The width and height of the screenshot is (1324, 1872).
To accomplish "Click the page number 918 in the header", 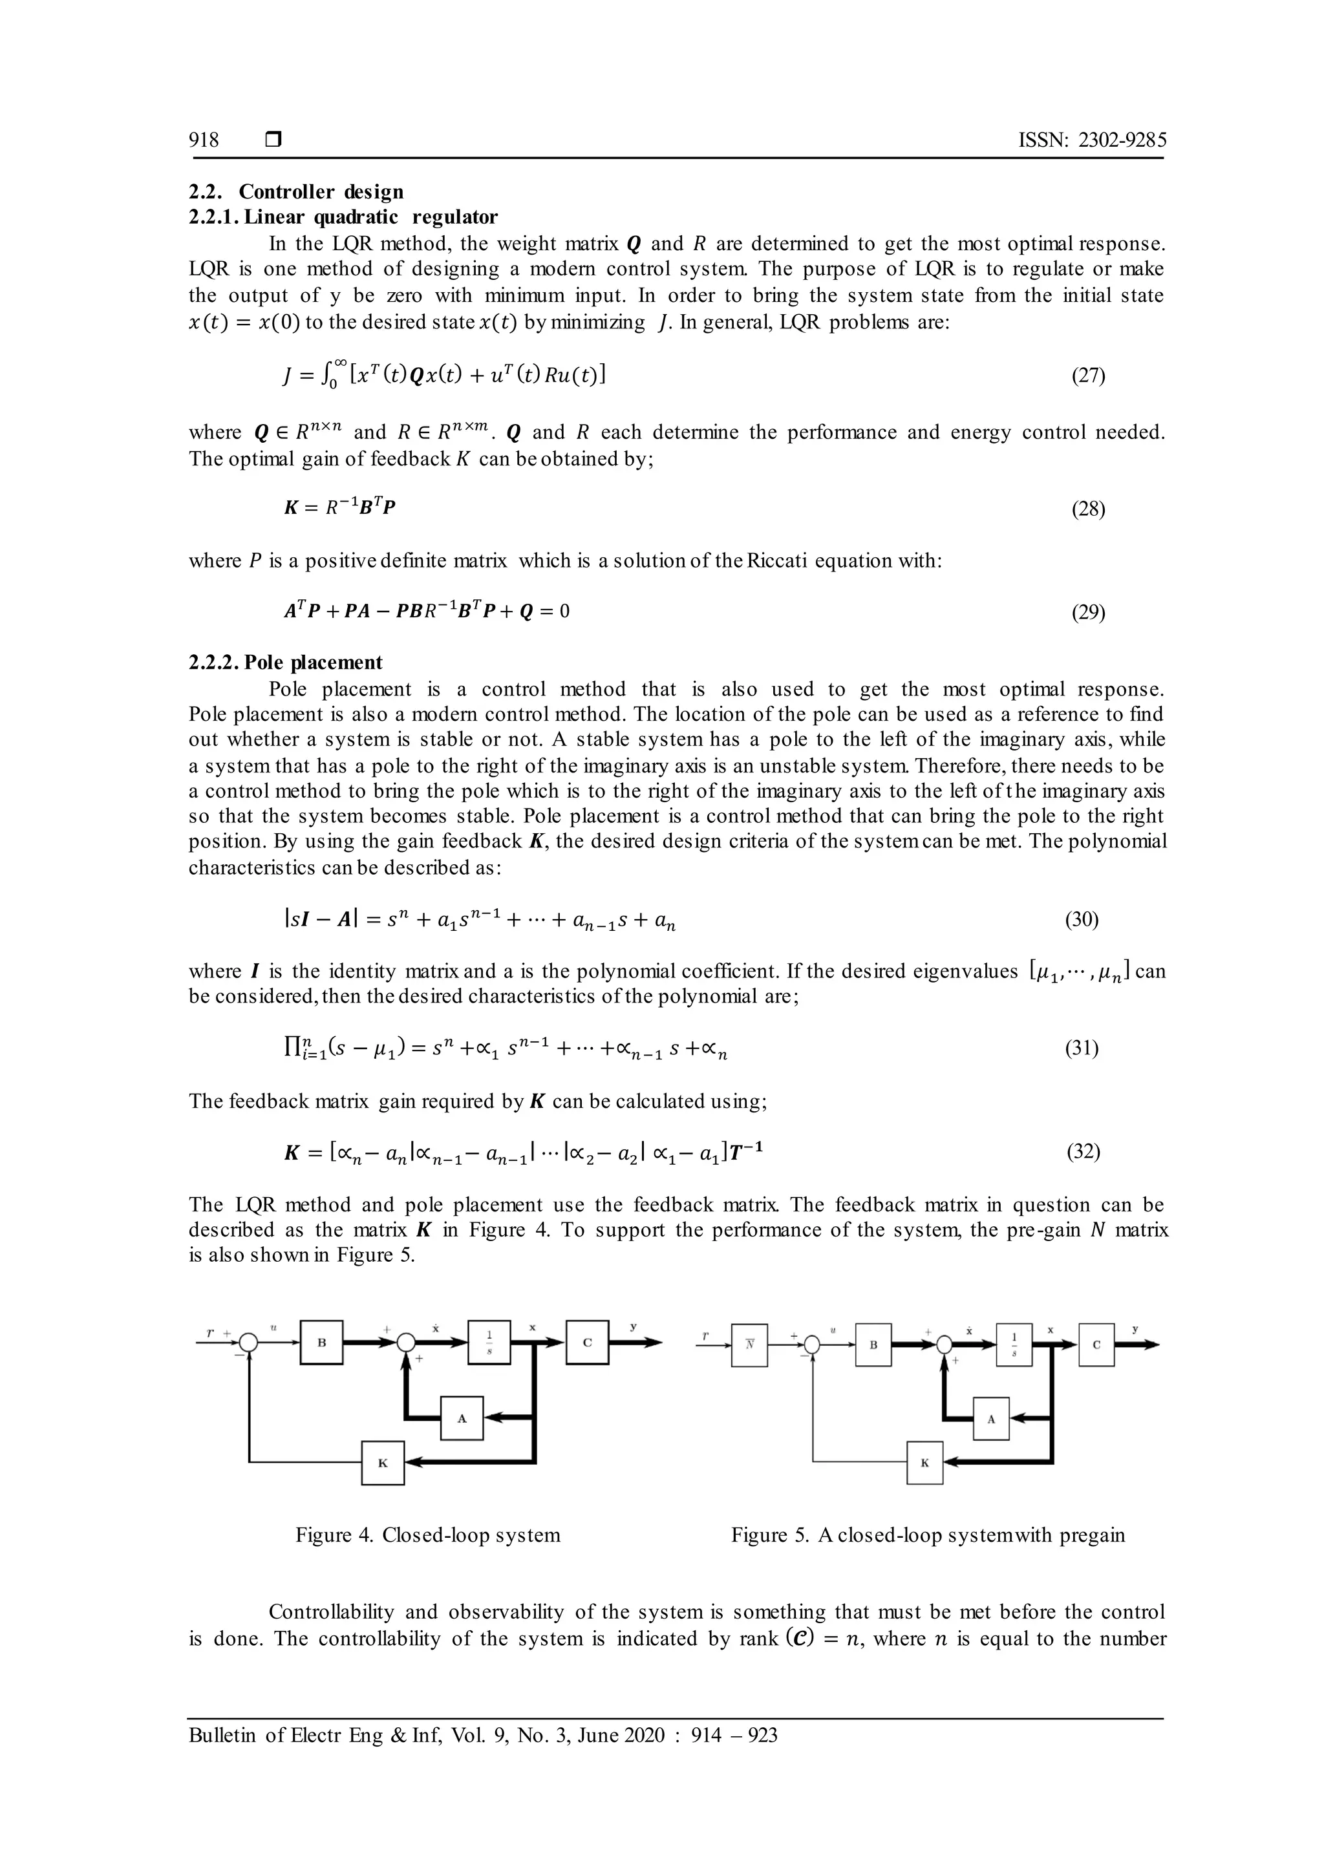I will [204, 140].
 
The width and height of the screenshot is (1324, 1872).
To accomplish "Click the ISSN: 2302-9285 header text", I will [1093, 140].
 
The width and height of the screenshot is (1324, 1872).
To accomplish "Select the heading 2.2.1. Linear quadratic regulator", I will [343, 217].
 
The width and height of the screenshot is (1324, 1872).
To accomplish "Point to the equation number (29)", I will [1087, 612].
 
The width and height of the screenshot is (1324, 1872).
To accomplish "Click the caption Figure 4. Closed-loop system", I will [428, 1535].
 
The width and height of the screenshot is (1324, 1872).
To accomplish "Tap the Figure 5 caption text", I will [928, 1535].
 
